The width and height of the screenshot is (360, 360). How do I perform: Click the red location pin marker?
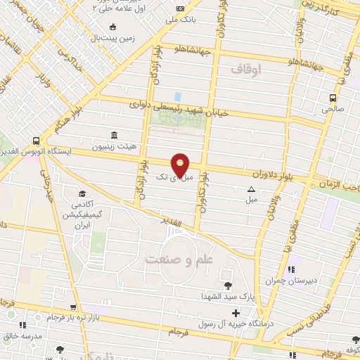[x=181, y=165]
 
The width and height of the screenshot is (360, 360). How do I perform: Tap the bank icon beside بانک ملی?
[x=181, y=8]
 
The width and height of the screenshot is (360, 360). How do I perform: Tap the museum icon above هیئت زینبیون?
[x=114, y=135]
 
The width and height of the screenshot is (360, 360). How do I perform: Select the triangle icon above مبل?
[x=252, y=189]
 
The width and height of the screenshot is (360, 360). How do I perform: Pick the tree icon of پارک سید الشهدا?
[x=229, y=286]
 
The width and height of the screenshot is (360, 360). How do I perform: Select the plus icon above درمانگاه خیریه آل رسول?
[x=235, y=311]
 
